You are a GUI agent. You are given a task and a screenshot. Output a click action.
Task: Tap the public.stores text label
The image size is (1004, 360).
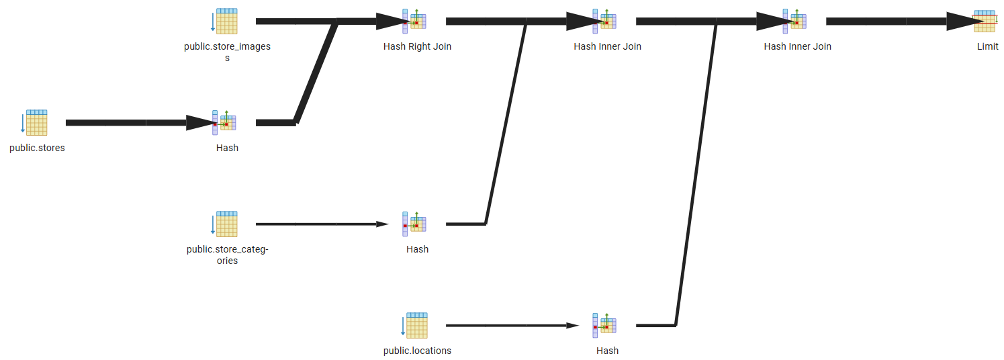point(37,148)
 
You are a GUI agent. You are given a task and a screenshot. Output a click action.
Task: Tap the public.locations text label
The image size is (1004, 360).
point(417,351)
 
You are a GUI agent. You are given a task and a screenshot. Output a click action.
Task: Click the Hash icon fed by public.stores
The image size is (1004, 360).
point(224,123)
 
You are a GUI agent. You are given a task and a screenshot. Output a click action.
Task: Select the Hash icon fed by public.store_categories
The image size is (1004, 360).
point(414,224)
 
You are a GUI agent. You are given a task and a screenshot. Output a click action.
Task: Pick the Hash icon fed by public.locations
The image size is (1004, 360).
point(604,326)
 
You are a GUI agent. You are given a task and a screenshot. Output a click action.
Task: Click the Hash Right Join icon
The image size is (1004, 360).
point(414,21)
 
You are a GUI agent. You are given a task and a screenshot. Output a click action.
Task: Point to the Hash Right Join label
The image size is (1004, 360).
point(417,46)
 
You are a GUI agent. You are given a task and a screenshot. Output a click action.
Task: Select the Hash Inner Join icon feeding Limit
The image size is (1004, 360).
point(794,21)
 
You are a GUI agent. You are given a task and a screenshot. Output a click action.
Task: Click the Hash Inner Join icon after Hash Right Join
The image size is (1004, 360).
point(604,21)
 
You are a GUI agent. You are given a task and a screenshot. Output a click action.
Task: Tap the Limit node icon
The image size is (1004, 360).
point(985,21)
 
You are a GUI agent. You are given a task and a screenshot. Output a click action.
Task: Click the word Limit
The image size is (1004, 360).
point(987,46)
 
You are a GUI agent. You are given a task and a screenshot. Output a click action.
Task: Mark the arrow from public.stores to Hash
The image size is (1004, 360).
point(134,123)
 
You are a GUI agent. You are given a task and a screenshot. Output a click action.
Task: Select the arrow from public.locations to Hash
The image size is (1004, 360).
point(510,326)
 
